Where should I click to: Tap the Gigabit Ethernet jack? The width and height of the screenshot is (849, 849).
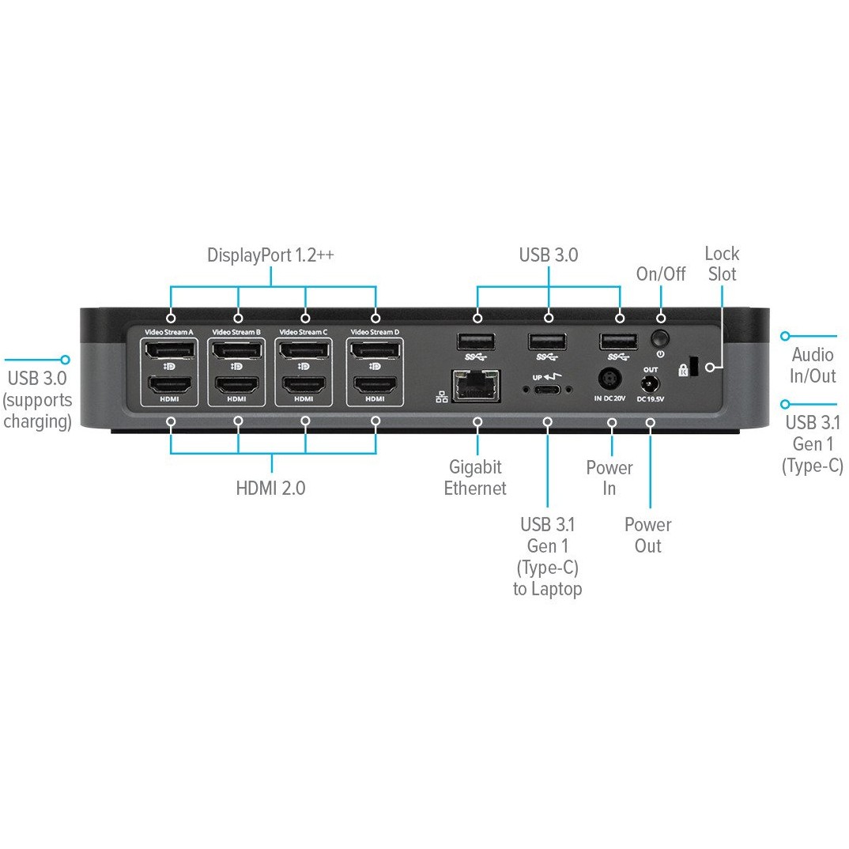(x=476, y=385)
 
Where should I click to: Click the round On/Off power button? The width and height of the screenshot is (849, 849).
(x=659, y=338)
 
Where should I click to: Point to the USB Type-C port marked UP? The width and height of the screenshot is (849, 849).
(x=546, y=389)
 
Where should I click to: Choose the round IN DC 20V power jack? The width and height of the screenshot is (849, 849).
(x=609, y=379)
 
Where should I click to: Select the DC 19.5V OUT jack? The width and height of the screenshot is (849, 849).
(x=650, y=385)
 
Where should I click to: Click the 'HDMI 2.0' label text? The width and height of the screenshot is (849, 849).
(x=270, y=488)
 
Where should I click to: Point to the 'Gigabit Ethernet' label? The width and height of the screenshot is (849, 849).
(x=475, y=477)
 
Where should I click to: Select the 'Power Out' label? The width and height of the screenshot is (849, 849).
(x=648, y=535)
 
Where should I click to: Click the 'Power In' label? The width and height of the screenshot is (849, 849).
(x=609, y=477)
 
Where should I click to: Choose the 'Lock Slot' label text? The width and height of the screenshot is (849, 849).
(x=723, y=264)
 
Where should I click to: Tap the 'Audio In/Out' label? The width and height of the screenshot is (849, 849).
(x=813, y=365)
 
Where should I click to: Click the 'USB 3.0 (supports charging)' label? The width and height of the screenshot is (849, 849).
(x=38, y=399)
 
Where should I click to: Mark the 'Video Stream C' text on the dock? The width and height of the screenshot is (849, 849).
(x=304, y=333)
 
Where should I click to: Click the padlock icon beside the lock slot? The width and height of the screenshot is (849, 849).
(x=682, y=370)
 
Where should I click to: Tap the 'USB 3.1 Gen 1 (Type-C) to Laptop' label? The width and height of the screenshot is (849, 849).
(x=547, y=557)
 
